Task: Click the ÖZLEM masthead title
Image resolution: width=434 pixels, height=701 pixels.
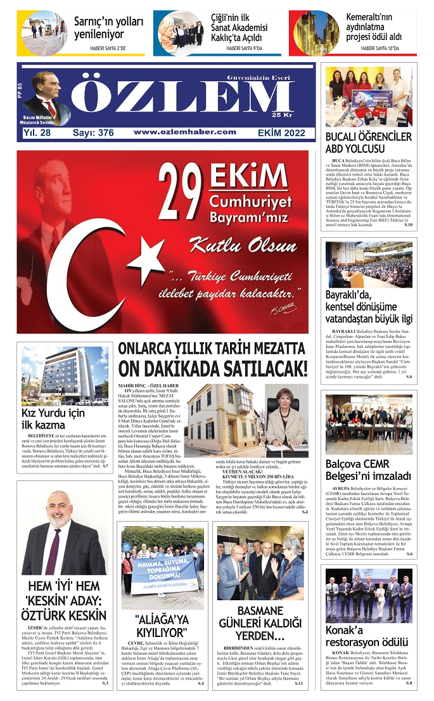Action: (190, 101)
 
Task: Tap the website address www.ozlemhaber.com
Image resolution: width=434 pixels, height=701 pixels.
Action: (185, 132)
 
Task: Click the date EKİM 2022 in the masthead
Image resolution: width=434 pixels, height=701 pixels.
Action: (282, 132)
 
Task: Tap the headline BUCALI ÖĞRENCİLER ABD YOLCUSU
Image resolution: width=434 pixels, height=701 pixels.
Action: (368, 143)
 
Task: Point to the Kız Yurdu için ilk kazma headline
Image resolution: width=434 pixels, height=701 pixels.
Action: (53, 419)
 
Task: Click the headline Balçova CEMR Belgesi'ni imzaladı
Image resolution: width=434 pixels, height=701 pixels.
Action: (368, 470)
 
